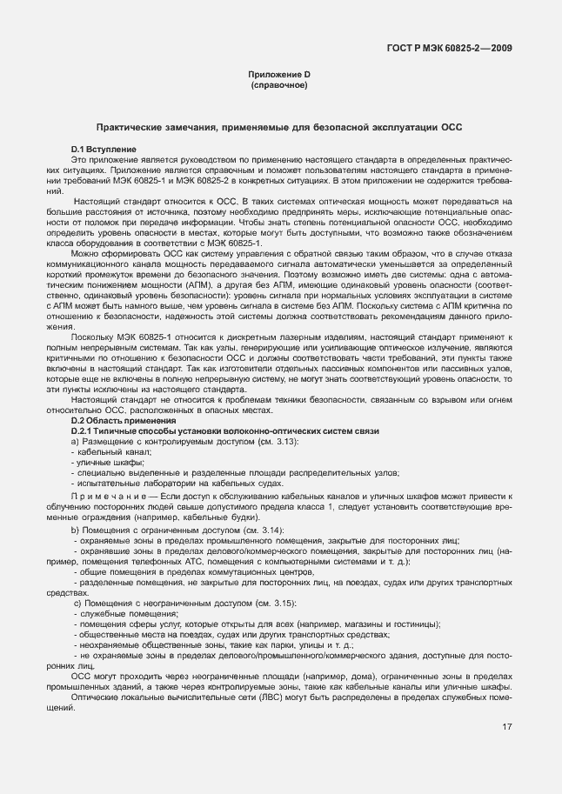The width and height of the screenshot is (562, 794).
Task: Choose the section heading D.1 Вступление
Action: click(x=104, y=150)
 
